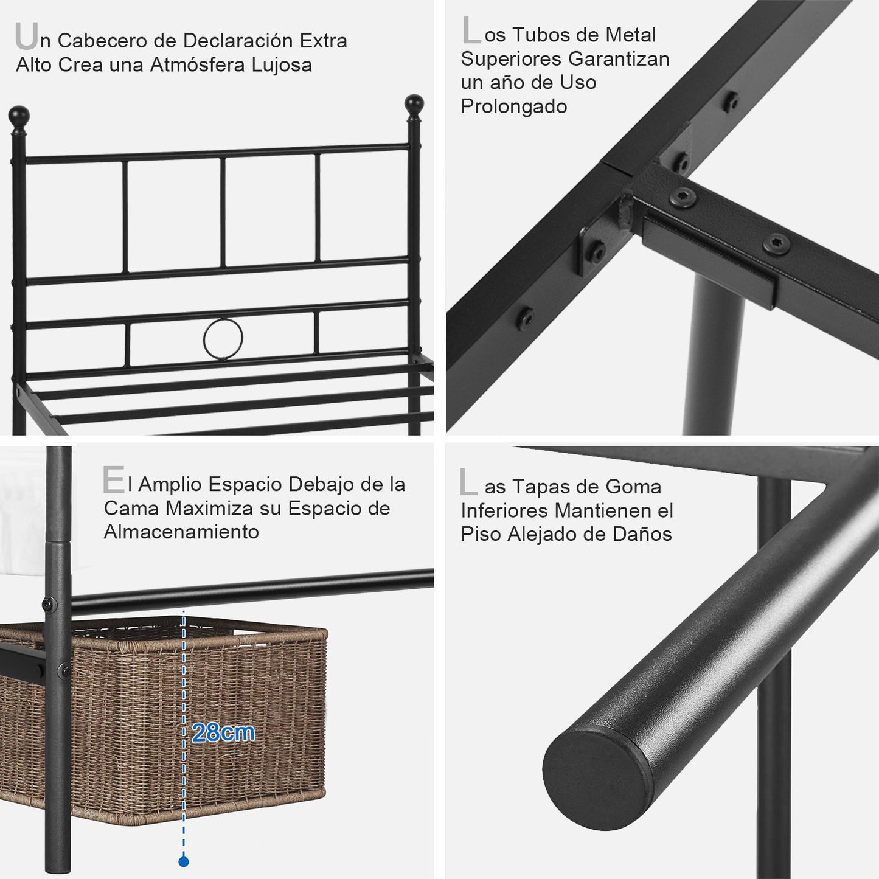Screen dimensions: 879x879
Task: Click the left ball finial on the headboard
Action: click(x=19, y=117)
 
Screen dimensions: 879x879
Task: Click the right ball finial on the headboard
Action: click(x=414, y=105)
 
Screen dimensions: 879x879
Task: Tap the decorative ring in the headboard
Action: click(x=223, y=338)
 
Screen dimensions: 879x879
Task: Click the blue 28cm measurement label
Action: click(x=223, y=732)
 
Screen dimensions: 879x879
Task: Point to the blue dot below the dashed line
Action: click(x=183, y=862)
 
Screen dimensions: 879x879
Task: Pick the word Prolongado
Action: click(x=514, y=106)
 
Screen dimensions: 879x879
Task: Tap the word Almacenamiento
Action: click(x=181, y=532)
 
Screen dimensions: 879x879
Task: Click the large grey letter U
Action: click(x=26, y=35)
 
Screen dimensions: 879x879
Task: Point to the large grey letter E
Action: click(x=113, y=479)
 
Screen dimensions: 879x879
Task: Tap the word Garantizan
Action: click(x=619, y=59)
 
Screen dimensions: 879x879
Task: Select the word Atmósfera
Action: click(x=198, y=64)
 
